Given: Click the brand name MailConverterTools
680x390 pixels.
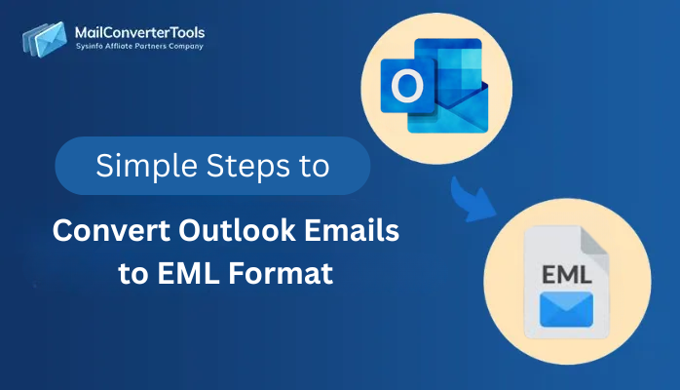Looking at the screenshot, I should coord(139,32).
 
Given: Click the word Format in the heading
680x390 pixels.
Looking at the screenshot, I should coord(286,274).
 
